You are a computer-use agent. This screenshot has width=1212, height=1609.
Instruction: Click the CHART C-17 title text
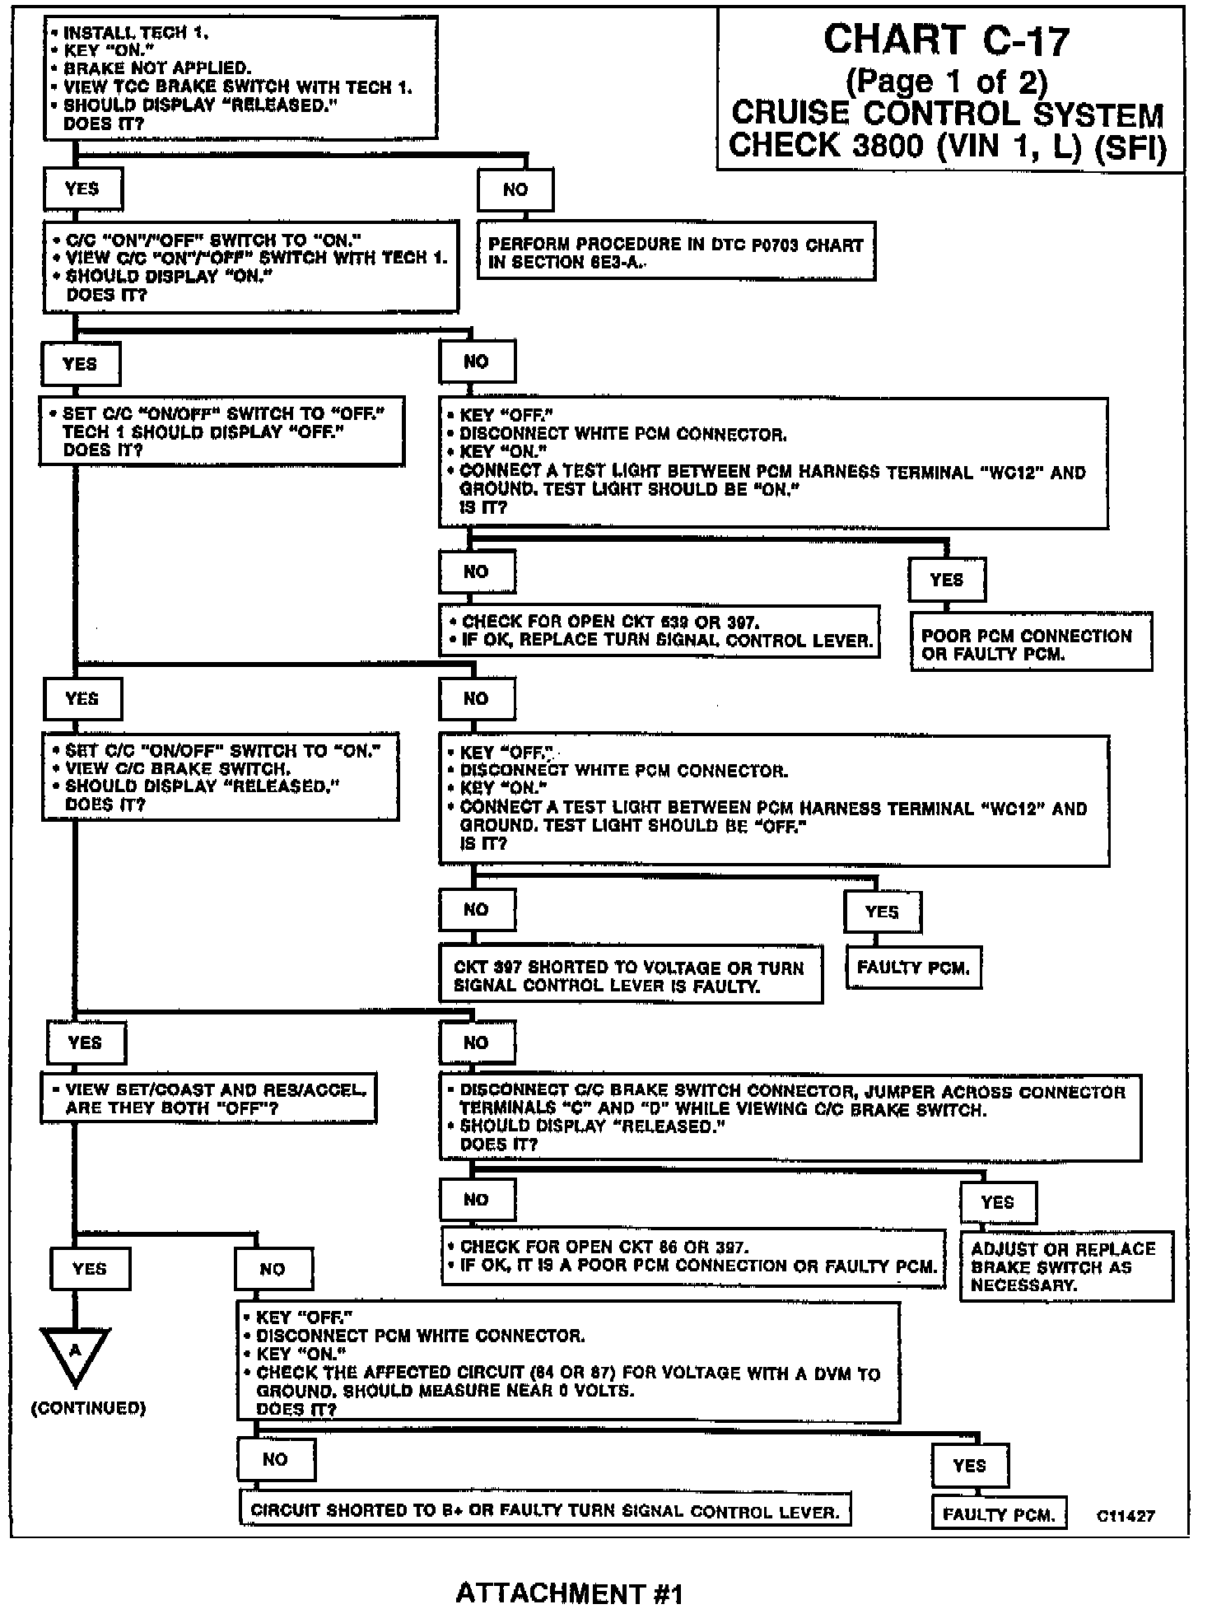[x=946, y=40]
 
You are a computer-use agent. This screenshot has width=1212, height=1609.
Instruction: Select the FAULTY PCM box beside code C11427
[x=999, y=1513]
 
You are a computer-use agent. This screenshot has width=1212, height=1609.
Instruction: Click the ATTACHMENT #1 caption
[x=569, y=1593]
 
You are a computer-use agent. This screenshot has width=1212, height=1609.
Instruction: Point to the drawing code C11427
[x=1126, y=1515]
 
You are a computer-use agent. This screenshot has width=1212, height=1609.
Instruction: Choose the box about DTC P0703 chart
[x=675, y=253]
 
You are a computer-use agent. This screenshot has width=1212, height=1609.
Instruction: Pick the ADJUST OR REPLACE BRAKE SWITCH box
[x=1065, y=1266]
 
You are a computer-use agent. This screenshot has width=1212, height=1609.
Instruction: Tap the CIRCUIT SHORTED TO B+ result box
[x=545, y=1510]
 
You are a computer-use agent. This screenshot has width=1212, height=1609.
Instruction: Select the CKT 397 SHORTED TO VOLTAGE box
[x=631, y=976]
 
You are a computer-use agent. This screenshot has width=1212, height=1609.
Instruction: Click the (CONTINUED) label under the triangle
[x=88, y=1408]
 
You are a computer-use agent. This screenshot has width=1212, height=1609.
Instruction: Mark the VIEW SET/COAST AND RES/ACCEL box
[x=209, y=1098]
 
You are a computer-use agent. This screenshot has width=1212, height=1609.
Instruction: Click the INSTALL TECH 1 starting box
[x=240, y=77]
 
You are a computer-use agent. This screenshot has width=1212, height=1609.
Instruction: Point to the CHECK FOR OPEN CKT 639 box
[x=659, y=632]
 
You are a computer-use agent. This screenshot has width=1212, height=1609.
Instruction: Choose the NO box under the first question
[x=515, y=190]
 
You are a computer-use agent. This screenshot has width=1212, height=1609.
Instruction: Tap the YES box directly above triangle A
[x=90, y=1268]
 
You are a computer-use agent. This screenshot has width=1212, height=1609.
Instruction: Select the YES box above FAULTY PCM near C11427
[x=969, y=1466]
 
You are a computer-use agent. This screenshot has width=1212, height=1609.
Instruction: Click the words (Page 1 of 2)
[x=946, y=81]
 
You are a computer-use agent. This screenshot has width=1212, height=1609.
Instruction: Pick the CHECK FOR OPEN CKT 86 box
[x=693, y=1257]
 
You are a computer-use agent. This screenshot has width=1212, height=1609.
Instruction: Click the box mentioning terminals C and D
[x=790, y=1117]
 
